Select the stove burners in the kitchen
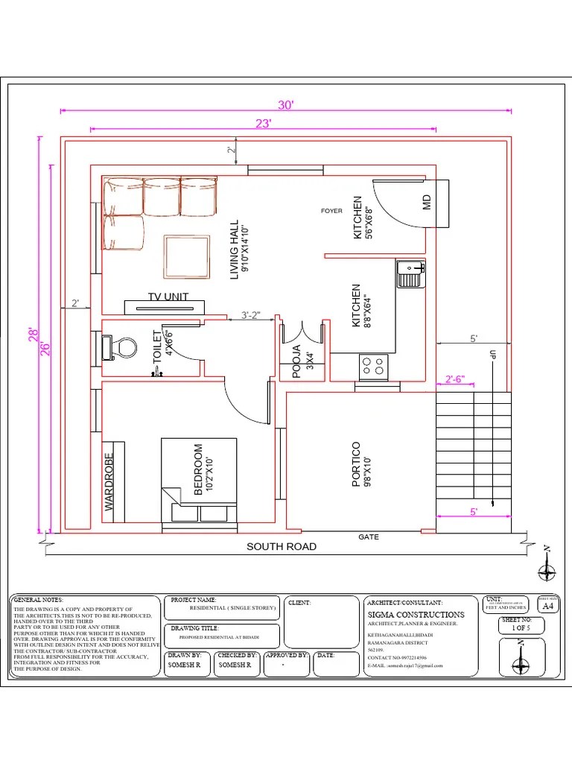(374, 364)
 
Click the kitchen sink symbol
(410, 274)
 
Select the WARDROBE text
(109, 481)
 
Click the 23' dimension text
(263, 124)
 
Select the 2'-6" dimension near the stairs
(454, 379)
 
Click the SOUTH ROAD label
(282, 547)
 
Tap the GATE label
(369, 536)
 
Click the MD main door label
(428, 202)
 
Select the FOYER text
(331, 211)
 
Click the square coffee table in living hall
(187, 256)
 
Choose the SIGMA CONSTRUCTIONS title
(416, 615)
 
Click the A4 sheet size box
(548, 607)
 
